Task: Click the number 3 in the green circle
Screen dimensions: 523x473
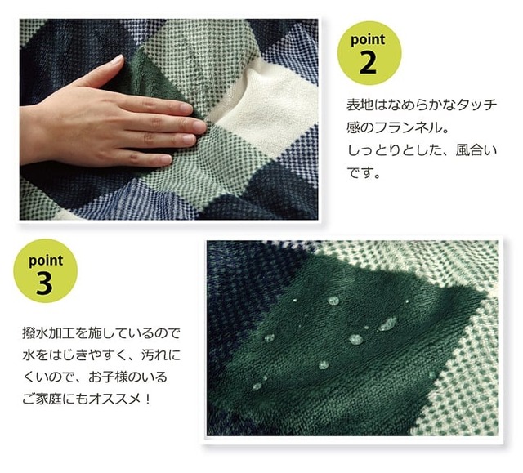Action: tap(44, 283)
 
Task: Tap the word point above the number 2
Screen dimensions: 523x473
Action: tap(368, 40)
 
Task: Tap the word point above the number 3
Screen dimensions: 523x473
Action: tap(46, 261)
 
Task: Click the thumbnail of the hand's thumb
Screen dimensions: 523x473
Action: tap(117, 60)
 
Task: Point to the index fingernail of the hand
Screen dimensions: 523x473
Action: tap(186, 109)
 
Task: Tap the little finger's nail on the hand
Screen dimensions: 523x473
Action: tap(165, 160)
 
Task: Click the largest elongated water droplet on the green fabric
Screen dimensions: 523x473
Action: tap(387, 324)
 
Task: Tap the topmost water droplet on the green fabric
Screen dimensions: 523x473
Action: tap(333, 301)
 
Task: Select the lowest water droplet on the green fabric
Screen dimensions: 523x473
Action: tap(257, 386)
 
